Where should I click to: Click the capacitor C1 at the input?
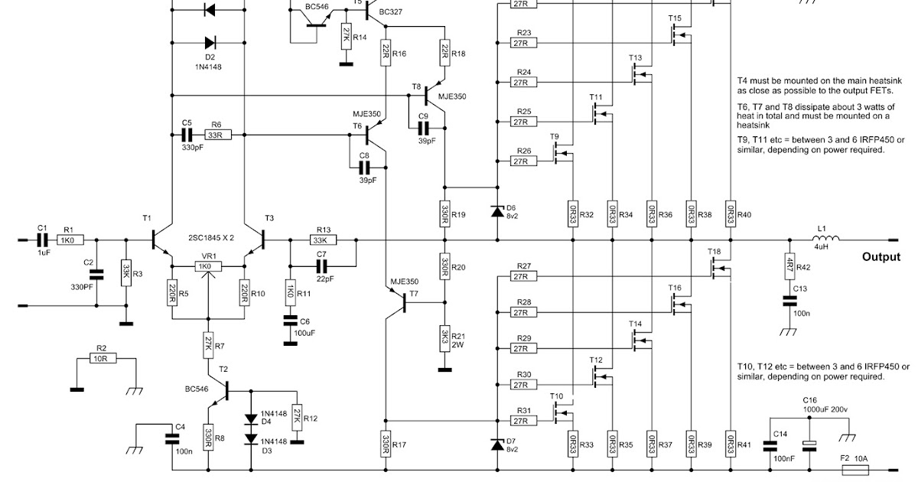coord(42,239)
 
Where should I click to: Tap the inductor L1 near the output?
coord(826,239)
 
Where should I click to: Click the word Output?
coord(881,257)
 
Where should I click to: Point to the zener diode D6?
coord(497,210)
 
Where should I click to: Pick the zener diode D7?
coord(497,444)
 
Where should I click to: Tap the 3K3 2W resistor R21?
coord(443,337)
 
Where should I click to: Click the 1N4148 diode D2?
coord(209,43)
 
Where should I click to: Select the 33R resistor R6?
coord(216,135)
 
